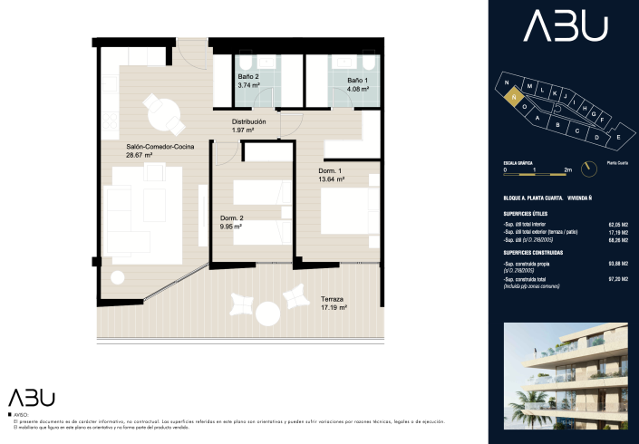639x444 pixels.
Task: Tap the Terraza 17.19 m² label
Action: pyautogui.click(x=334, y=304)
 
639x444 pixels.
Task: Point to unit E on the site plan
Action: pyautogui.click(x=618, y=137)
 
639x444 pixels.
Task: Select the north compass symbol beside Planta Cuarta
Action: pyautogui.click(x=590, y=168)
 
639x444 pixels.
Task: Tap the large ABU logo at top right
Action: pyautogui.click(x=565, y=28)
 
